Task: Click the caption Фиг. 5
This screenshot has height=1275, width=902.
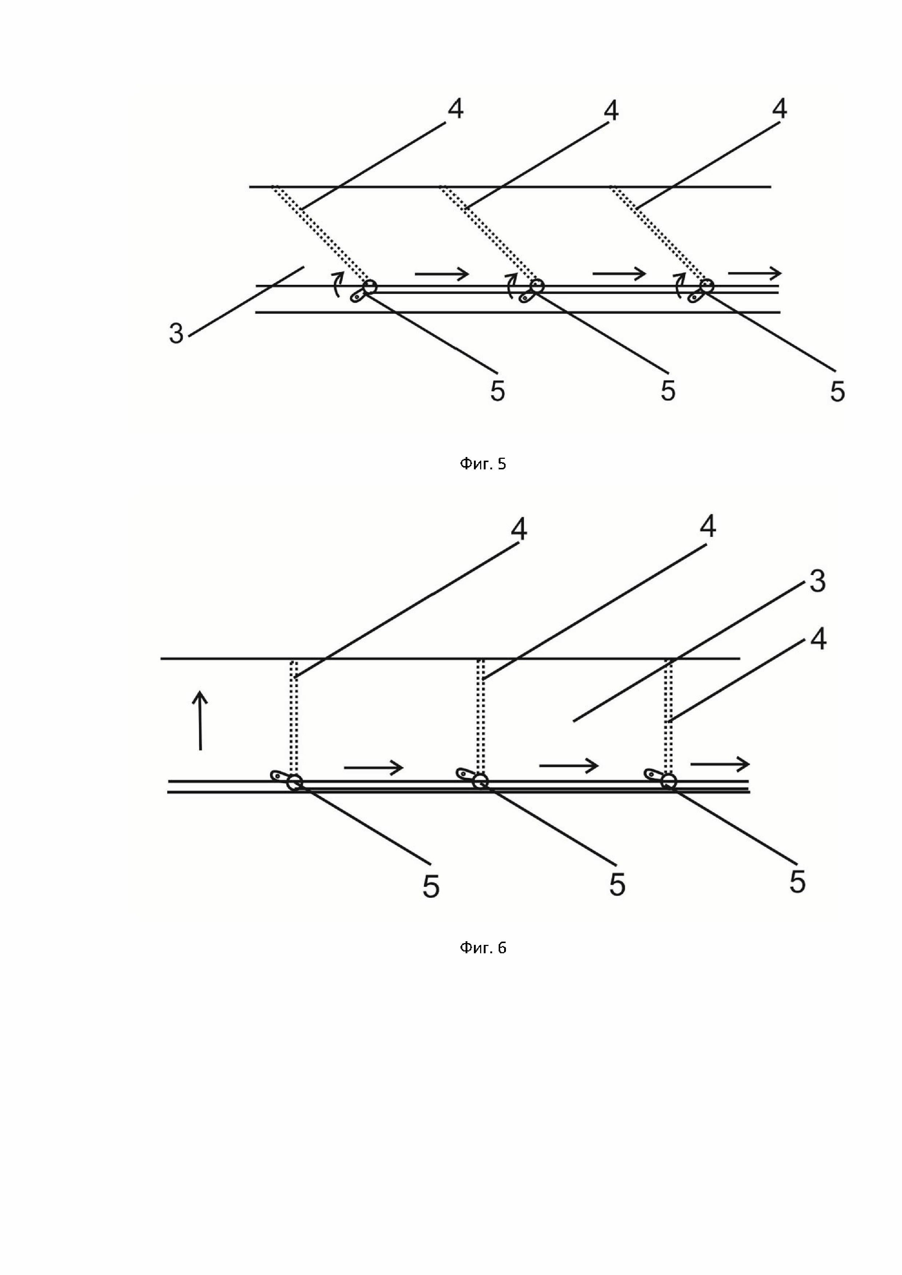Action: pyautogui.click(x=483, y=464)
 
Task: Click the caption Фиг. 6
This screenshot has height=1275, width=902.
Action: pyautogui.click(x=483, y=947)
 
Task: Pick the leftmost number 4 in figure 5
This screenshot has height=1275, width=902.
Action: pyautogui.click(x=455, y=109)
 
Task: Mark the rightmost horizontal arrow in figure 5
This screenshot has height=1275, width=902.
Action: pyautogui.click(x=754, y=273)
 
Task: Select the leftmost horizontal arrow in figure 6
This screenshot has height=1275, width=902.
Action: pyautogui.click(x=373, y=768)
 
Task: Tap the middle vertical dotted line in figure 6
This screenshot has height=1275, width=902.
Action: pyautogui.click(x=481, y=716)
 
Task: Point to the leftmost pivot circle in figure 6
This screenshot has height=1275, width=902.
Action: pyautogui.click(x=294, y=783)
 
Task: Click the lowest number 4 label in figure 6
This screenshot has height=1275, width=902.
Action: pyautogui.click(x=818, y=640)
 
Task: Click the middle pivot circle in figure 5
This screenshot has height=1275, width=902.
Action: pyautogui.click(x=537, y=286)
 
